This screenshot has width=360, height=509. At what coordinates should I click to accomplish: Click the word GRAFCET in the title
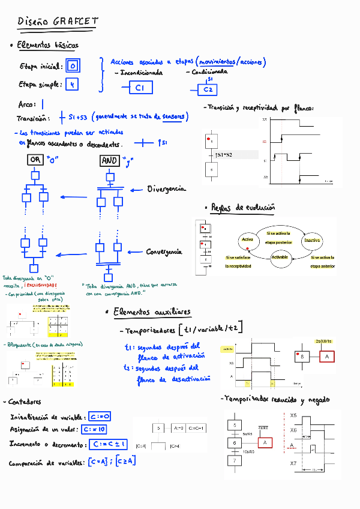75,22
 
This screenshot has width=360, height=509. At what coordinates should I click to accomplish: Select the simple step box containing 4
72,85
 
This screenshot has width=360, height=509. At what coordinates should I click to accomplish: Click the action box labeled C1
140,88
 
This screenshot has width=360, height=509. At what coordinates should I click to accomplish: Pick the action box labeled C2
208,90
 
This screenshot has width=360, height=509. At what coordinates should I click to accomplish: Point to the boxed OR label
35,160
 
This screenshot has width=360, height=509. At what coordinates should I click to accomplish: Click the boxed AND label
109,160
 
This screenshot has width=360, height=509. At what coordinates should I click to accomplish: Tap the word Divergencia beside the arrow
166,189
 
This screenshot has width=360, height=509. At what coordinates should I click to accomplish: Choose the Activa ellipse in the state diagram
247,239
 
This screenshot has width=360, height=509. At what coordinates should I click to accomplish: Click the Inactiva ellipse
312,240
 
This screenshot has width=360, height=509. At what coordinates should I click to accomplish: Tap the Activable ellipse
280,257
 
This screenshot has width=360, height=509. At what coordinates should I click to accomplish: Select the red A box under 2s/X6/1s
326,357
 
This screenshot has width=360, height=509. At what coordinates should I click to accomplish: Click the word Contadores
25,402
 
